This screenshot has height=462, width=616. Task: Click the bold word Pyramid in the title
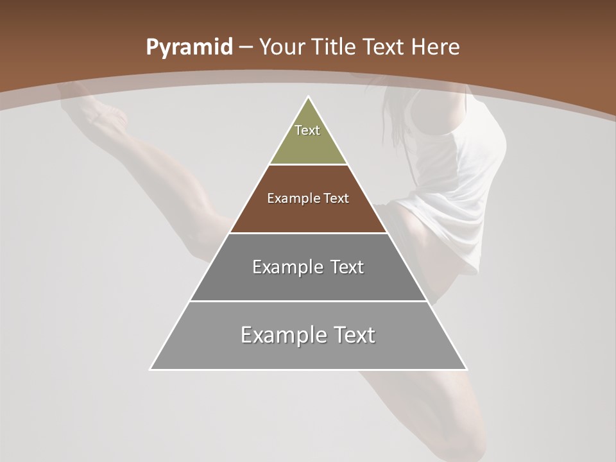click(x=189, y=47)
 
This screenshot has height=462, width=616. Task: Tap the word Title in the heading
click(x=334, y=47)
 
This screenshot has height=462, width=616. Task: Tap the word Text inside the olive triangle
click(x=307, y=130)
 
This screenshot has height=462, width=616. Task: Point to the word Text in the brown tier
click(x=337, y=198)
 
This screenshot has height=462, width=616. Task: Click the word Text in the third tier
click(x=347, y=267)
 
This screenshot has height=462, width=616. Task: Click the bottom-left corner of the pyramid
click(x=151, y=369)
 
